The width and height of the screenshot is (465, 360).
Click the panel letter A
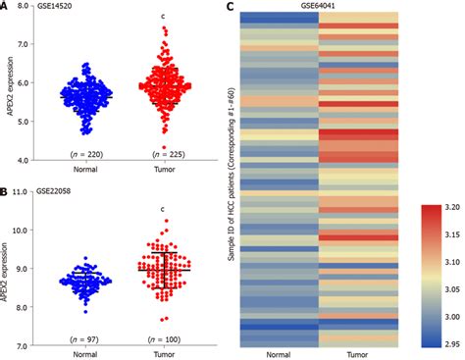(x=6, y=7)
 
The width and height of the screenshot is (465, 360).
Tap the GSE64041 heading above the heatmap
(x=315, y=7)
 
